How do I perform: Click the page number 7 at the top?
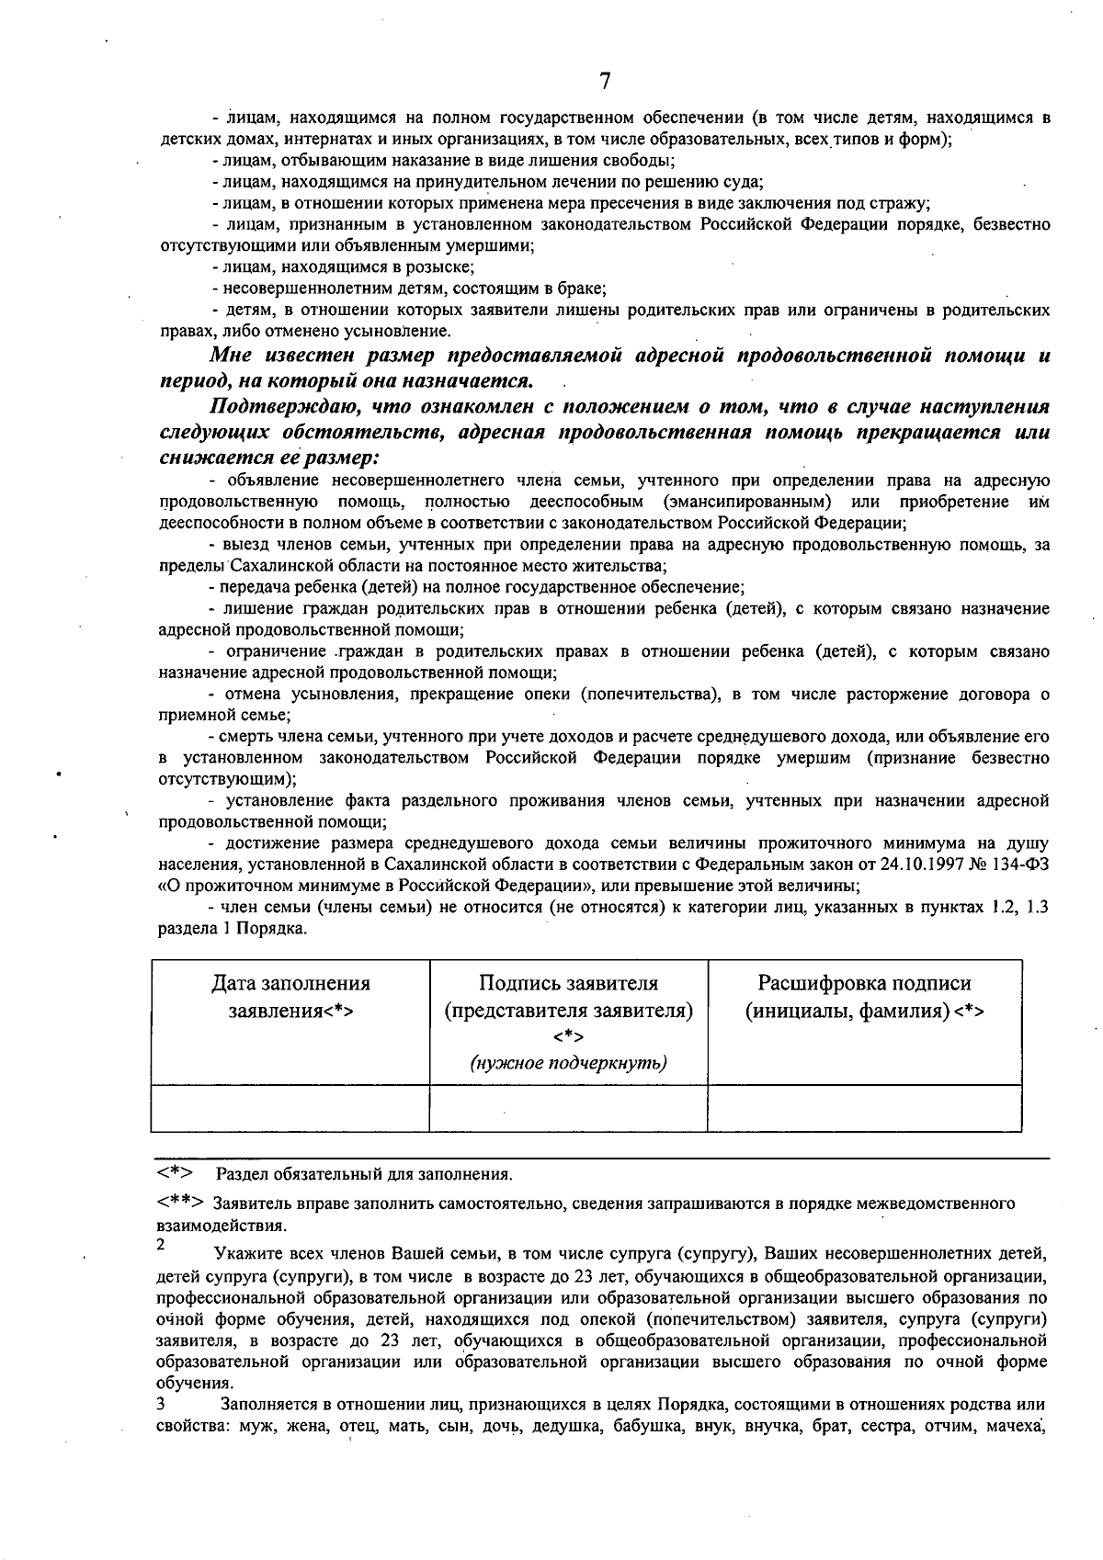604,82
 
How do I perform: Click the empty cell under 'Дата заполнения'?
290,1107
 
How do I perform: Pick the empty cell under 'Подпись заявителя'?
568,1107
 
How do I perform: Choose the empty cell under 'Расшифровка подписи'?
864,1107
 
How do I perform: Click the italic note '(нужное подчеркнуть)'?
568,1063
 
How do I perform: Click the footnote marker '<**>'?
180,1203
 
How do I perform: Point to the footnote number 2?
161,1246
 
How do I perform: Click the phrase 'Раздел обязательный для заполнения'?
364,1174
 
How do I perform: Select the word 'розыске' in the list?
446,267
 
